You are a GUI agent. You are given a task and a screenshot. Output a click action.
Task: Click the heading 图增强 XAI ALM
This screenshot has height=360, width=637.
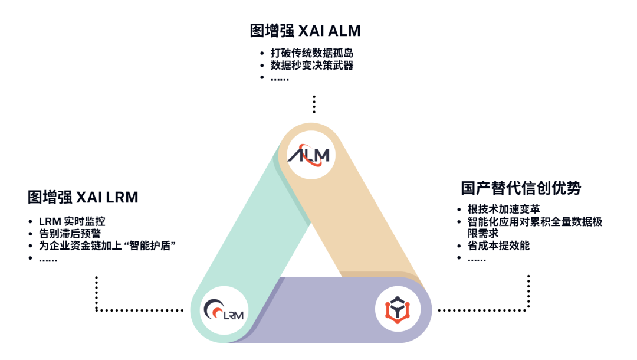click(x=305, y=30)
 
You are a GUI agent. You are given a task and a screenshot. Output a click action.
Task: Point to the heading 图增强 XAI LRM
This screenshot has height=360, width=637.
click(x=83, y=197)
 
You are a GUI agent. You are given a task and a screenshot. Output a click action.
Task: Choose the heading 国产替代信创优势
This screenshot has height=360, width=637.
click(x=521, y=188)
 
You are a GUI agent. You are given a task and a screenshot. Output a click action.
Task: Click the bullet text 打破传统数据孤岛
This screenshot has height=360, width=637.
click(x=312, y=53)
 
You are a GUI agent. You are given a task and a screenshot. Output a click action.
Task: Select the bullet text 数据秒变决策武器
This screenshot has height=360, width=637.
click(x=312, y=66)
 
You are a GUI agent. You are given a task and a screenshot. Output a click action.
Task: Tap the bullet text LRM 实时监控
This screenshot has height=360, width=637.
click(x=72, y=222)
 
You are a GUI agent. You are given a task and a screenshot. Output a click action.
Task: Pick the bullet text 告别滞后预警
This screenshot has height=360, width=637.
click(x=70, y=234)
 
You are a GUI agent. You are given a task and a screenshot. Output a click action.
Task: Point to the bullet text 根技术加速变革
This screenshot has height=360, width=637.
click(x=503, y=209)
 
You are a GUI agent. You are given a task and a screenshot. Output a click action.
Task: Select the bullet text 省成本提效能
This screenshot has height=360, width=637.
click(x=498, y=246)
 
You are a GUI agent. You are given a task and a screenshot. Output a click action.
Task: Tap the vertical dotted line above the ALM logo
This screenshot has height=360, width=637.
click(x=314, y=104)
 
